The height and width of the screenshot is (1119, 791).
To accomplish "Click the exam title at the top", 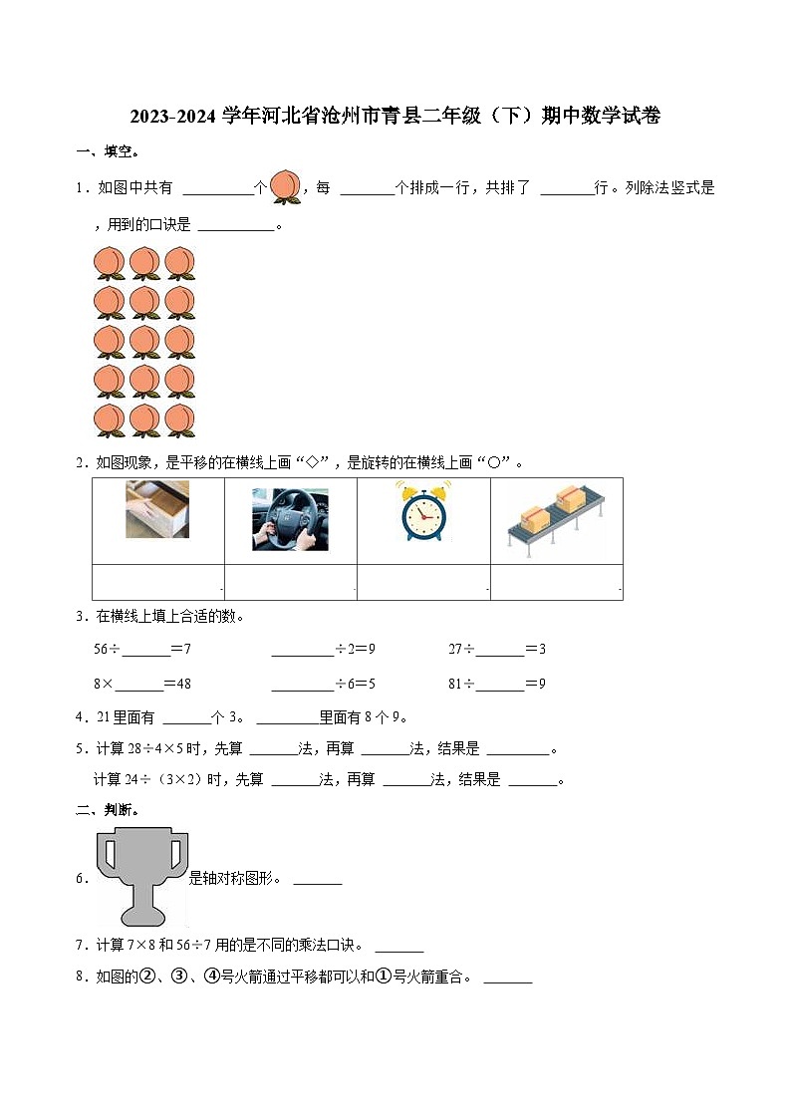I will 395,117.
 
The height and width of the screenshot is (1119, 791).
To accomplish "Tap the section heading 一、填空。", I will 108,151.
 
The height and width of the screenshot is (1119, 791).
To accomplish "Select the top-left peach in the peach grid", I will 109,263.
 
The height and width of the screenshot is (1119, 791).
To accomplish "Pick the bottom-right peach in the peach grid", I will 180,420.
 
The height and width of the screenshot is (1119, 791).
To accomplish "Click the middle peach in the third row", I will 144,342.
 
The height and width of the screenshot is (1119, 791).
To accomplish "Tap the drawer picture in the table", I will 157,509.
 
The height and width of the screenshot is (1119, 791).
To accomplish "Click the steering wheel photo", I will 290,519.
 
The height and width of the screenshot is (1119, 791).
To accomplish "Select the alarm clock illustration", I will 423,512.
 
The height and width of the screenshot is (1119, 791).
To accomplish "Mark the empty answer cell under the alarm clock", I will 423,582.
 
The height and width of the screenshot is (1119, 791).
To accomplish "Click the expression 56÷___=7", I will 141,649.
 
